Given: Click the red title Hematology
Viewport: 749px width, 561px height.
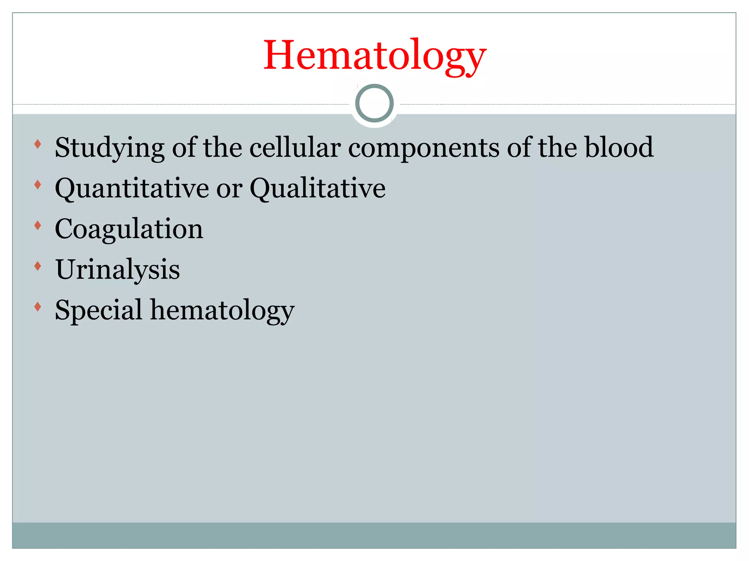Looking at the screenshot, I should [374, 56].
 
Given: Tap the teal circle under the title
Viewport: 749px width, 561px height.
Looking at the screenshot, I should [374, 103].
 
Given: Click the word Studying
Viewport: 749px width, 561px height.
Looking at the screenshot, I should [109, 148].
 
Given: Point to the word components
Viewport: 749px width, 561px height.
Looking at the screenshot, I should [424, 148].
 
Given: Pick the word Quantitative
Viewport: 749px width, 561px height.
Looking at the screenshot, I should [132, 188].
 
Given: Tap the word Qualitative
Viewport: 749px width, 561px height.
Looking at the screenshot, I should [317, 188].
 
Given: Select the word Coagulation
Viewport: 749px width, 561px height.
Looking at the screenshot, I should [129, 229].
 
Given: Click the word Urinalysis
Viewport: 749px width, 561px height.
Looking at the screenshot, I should [117, 270].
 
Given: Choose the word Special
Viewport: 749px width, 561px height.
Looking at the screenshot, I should [98, 310].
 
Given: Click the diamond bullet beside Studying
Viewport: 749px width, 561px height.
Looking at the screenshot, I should [37, 144].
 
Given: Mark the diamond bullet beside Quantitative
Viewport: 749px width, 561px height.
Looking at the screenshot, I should [37, 185].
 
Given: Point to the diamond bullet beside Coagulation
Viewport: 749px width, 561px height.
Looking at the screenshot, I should [37, 226].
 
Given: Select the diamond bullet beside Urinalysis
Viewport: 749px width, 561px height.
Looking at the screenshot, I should [37, 266].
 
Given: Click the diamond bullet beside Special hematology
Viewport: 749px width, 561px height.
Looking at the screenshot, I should [37, 307].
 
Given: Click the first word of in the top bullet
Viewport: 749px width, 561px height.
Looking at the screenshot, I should [184, 148].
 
